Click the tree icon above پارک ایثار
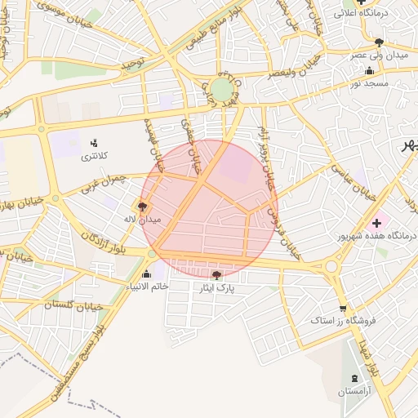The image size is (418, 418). tap(216, 275)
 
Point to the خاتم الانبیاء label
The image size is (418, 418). tap(146, 286)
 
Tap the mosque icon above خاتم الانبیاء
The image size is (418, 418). tap(146, 273)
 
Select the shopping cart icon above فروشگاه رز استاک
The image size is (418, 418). tap(342, 309)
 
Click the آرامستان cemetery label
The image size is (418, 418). tap(354, 392)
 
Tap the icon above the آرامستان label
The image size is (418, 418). tap(354, 378)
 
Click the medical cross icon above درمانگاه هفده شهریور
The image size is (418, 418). tap(376, 223)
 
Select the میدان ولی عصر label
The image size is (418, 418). tap(379, 55)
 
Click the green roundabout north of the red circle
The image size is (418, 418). tap(221, 88)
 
